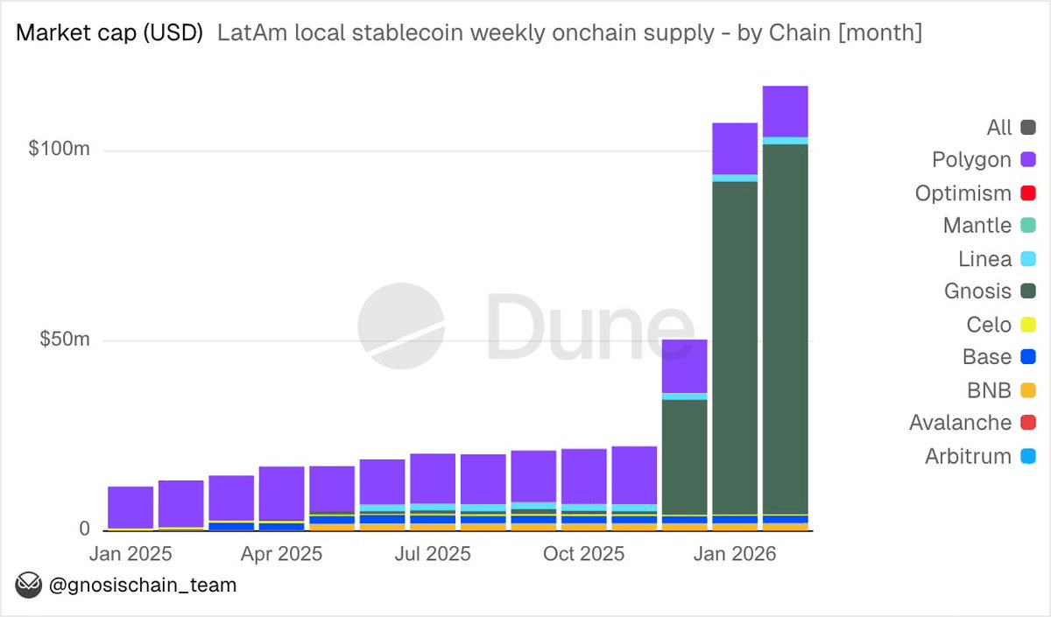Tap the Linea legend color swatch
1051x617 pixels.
click(1028, 259)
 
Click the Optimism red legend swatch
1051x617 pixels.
click(1028, 193)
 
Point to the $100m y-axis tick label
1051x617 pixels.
click(59, 150)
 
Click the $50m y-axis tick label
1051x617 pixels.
click(64, 340)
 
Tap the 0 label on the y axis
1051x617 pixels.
click(84, 529)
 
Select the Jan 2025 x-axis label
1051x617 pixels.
click(130, 554)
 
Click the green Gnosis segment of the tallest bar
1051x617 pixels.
click(785, 333)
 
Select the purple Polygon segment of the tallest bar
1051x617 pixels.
click(785, 111)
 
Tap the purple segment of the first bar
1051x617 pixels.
click(130, 507)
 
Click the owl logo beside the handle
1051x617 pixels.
click(31, 585)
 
